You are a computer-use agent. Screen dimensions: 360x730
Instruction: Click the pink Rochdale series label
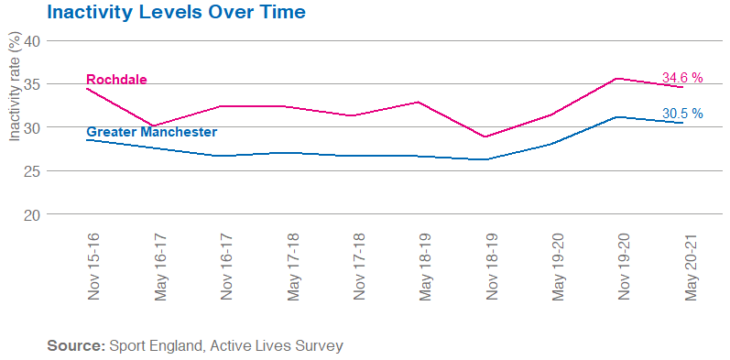point(116,80)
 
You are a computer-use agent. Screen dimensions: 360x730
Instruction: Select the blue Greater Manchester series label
point(151,132)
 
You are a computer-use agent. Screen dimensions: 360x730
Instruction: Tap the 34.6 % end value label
point(681,79)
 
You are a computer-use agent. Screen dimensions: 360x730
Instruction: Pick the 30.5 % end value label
point(681,114)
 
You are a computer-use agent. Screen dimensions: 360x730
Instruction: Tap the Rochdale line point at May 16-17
point(155,125)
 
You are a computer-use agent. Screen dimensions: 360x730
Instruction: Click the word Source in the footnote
point(75,346)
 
